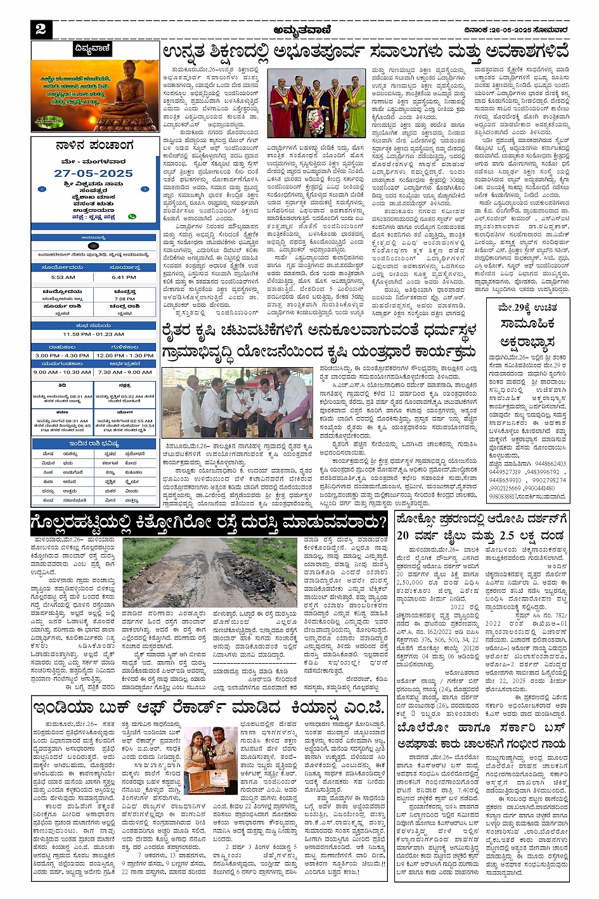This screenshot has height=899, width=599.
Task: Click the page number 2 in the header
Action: point(41,29)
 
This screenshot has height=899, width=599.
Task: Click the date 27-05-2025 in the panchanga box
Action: point(93,173)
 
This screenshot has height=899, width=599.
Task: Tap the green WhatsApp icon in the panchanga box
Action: point(132,217)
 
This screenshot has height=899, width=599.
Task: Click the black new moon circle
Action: point(93,246)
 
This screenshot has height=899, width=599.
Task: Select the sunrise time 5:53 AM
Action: point(63,277)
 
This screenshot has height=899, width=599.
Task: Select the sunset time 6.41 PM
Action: point(124,277)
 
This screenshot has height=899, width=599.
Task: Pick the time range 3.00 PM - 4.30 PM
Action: point(62,356)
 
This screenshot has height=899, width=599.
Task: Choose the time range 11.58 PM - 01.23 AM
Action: point(93,334)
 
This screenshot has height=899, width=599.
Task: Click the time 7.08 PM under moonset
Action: point(124,299)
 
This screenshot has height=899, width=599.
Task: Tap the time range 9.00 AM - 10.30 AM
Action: point(62,372)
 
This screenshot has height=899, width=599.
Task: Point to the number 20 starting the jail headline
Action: point(403,536)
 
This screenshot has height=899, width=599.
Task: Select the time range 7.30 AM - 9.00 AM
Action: point(124,372)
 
